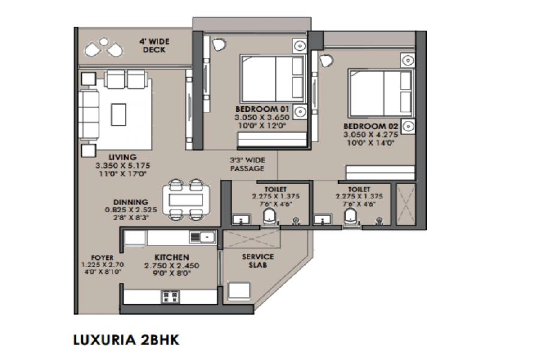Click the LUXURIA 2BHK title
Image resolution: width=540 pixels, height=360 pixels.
(126, 340)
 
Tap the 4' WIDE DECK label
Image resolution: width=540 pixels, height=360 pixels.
(154, 45)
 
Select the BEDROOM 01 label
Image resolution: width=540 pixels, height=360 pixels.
(262, 109)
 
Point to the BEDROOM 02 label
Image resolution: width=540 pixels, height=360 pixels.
(371, 126)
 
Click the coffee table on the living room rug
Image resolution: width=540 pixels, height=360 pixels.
(119, 115)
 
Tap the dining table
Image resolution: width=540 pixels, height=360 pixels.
(186, 200)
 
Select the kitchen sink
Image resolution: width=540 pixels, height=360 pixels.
(202, 237)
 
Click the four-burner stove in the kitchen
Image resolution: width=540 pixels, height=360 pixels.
(171, 297)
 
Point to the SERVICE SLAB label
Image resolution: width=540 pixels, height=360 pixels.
(258, 261)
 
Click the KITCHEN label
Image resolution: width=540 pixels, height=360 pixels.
(171, 257)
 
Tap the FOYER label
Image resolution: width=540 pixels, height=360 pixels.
(102, 257)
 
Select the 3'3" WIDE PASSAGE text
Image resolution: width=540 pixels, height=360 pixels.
(247, 164)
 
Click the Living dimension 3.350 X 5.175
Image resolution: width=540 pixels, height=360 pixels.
(123, 166)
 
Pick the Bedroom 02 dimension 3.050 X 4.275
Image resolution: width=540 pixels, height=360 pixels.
(371, 135)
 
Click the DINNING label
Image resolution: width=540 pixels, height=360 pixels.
(130, 202)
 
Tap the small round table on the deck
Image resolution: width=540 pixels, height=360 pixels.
(104, 42)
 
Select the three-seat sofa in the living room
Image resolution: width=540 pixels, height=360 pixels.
(89, 115)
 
